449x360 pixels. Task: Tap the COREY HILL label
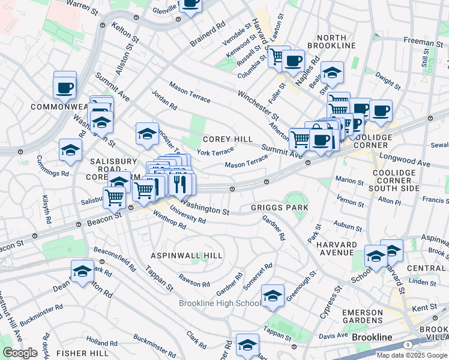(x=228, y=139)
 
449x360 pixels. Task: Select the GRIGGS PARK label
(x=279, y=208)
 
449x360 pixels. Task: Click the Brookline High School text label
(x=220, y=304)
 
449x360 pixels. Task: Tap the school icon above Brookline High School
(x=273, y=295)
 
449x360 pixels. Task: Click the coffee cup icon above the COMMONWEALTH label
(x=65, y=88)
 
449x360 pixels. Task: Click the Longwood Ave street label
(x=414, y=163)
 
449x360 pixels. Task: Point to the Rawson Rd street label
(x=193, y=280)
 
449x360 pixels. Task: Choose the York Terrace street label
(x=215, y=153)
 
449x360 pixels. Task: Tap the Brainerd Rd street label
(x=207, y=34)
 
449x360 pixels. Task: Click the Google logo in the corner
(x=20, y=353)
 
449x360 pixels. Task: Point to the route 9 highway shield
(x=408, y=344)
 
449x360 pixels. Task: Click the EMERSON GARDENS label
(x=362, y=317)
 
